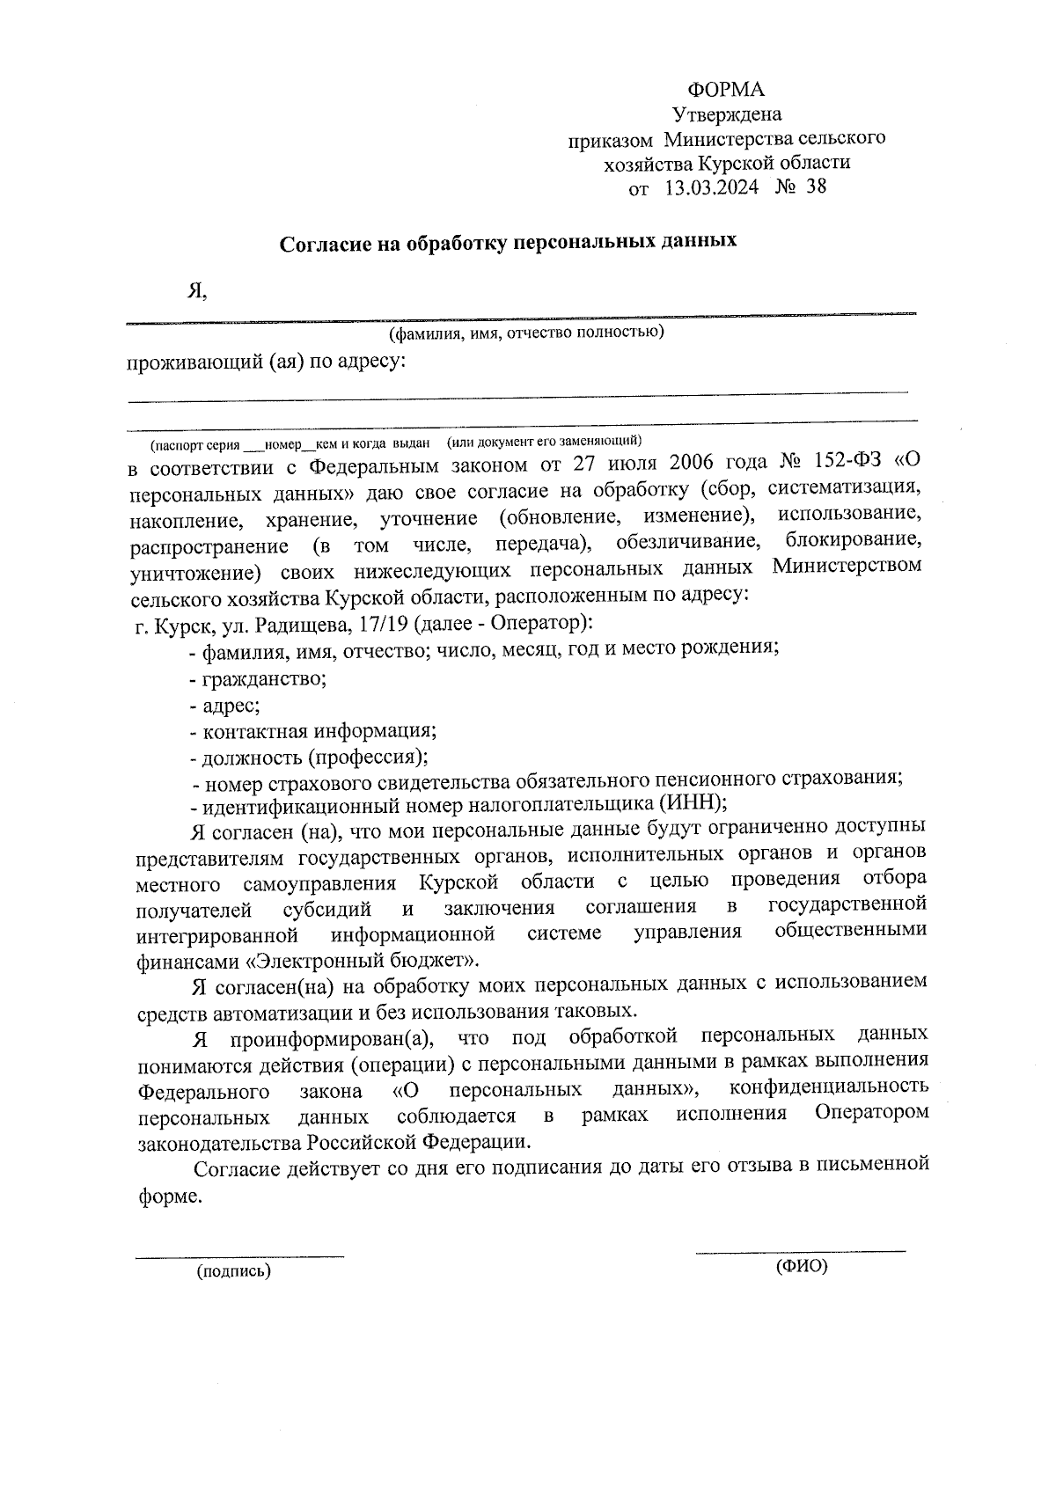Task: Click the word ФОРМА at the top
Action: coord(726,90)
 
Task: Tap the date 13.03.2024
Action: coord(711,187)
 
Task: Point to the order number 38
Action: coord(816,187)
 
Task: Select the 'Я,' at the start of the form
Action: coord(196,291)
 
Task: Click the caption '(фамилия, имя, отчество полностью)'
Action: coord(526,333)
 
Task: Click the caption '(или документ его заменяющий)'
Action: coord(545,439)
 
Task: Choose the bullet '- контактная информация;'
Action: coord(312,731)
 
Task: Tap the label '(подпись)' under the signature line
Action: coord(233,1271)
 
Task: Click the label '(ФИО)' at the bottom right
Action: coord(802,1267)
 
